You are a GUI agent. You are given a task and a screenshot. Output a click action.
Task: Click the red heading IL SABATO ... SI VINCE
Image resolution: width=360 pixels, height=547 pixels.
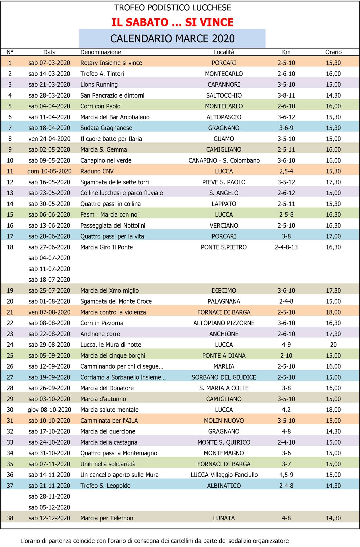[172, 22]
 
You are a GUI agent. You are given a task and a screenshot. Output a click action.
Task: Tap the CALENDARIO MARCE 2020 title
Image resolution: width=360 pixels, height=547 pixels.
[172, 38]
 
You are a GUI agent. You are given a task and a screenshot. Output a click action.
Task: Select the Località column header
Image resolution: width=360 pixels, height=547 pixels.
[224, 52]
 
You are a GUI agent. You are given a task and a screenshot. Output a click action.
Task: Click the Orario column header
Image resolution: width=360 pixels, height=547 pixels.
[333, 52]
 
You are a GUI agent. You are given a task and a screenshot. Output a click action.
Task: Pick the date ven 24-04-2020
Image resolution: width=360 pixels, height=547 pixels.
[49, 139]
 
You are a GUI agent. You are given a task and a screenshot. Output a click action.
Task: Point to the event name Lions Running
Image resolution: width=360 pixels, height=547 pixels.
[99, 85]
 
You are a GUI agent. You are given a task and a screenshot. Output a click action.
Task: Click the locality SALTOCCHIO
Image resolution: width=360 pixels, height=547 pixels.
[224, 95]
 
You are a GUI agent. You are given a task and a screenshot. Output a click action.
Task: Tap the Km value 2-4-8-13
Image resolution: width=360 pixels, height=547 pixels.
[286, 247]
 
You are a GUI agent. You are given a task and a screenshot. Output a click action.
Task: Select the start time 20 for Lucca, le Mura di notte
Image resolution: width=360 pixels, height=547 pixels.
[333, 345]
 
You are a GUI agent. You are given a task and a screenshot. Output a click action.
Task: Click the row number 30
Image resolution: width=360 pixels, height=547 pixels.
[10, 410]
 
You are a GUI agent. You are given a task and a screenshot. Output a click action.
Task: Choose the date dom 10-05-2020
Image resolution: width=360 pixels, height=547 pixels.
[49, 171]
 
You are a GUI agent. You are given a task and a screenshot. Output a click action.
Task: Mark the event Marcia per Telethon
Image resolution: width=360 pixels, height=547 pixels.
[107, 518]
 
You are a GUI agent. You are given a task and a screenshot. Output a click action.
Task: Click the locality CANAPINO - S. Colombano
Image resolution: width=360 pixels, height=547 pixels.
[224, 161]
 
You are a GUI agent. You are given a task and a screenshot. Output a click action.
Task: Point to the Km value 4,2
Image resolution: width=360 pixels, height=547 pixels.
[286, 410]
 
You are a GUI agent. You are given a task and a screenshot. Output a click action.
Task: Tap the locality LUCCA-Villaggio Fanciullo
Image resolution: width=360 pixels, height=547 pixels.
[224, 475]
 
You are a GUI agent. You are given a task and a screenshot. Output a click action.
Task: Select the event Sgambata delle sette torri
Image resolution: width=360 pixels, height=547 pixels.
[114, 182]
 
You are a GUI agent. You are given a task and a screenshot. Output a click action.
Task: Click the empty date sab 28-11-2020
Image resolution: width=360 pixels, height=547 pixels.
[49, 496]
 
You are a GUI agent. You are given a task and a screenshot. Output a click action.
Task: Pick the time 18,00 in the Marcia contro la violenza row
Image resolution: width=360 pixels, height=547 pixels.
[333, 312]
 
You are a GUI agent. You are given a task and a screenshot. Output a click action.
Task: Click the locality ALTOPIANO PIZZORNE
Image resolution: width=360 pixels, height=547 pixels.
[224, 323]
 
